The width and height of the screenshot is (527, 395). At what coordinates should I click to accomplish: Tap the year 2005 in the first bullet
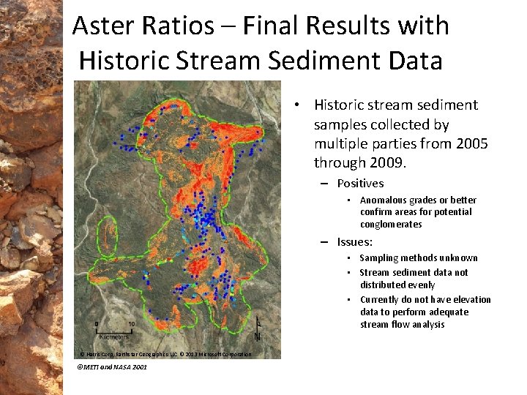(x=471, y=144)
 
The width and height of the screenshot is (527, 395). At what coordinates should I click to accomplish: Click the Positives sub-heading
(x=360, y=184)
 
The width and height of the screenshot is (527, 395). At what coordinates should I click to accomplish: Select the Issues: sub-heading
(x=355, y=241)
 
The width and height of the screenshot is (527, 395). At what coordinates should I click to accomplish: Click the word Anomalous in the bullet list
(x=387, y=200)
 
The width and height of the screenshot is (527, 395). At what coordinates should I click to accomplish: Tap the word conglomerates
(x=391, y=225)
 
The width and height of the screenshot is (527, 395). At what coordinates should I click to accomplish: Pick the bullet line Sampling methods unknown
(x=418, y=258)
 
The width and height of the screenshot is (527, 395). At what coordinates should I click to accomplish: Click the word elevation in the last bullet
(x=469, y=300)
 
